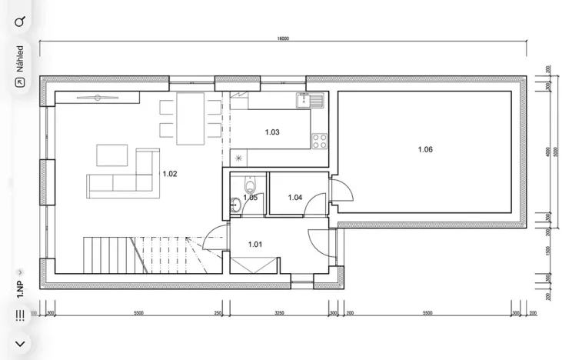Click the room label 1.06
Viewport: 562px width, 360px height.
(425, 149)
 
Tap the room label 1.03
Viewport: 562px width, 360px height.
(272, 132)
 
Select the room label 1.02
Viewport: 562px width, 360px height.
(170, 174)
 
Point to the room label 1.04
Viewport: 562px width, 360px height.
(295, 198)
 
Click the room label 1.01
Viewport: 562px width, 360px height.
(255, 245)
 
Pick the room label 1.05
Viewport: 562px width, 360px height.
(251, 198)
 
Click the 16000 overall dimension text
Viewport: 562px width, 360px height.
(283, 38)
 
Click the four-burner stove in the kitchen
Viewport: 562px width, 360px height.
(319, 141)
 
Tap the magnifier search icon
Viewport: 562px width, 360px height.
(20, 22)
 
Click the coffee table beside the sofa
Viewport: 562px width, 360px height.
(112, 155)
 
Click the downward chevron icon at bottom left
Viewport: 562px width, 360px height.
(20, 343)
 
